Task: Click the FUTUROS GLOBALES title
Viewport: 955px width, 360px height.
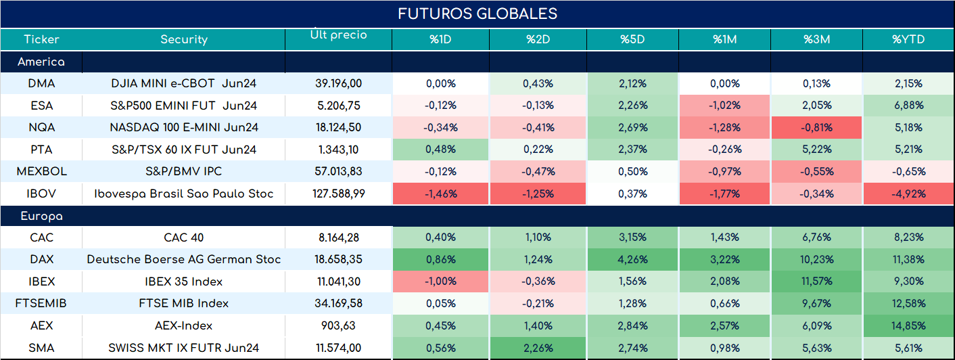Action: pyautogui.click(x=477, y=14)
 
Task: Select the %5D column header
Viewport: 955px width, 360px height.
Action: pyautogui.click(x=632, y=39)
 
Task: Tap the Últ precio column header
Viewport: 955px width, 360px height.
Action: pyautogui.click(x=339, y=35)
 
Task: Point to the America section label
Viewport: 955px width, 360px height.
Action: pyautogui.click(x=41, y=62)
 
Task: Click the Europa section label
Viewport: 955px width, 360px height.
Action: pyautogui.click(x=42, y=217)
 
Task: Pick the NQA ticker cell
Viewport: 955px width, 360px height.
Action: pyautogui.click(x=41, y=127)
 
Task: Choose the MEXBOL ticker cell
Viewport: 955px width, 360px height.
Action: pyautogui.click(x=41, y=171)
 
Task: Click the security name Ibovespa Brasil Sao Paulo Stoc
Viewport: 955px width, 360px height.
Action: pyautogui.click(x=184, y=194)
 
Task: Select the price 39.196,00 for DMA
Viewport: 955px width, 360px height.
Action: pyautogui.click(x=339, y=83)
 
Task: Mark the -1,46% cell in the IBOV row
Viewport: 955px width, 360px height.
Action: pyautogui.click(x=440, y=194)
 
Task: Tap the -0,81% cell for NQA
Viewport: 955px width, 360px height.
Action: pyautogui.click(x=816, y=127)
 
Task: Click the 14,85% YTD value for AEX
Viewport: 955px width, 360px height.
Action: pyautogui.click(x=908, y=325)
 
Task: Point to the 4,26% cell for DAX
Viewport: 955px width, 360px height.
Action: pyautogui.click(x=632, y=259)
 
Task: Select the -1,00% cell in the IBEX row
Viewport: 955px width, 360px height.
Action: pyautogui.click(x=440, y=282)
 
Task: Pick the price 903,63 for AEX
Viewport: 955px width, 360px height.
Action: pyautogui.click(x=339, y=325)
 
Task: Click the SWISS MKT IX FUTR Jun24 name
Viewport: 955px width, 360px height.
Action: pyautogui.click(x=184, y=348)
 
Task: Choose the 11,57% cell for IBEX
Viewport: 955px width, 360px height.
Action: pyautogui.click(x=816, y=282)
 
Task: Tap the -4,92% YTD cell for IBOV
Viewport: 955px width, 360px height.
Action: pyautogui.click(x=908, y=194)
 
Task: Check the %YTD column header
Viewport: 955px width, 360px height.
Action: pyautogui.click(x=908, y=39)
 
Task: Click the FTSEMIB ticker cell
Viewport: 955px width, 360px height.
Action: pyautogui.click(x=41, y=303)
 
